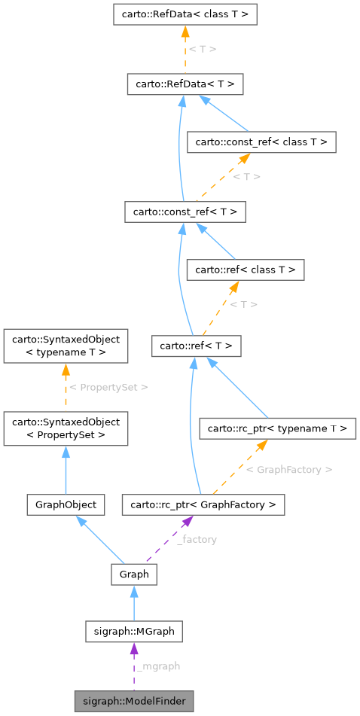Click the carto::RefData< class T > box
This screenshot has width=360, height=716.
(x=185, y=14)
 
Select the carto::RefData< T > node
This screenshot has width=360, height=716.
(x=185, y=84)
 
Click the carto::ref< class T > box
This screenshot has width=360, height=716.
(x=246, y=270)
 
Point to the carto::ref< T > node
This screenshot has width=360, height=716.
(x=196, y=346)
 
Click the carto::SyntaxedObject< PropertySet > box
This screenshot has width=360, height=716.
(x=66, y=428)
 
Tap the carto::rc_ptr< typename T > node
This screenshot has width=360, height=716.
(x=276, y=428)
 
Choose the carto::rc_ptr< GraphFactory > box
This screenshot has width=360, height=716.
(x=203, y=504)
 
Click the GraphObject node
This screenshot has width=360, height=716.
(x=66, y=504)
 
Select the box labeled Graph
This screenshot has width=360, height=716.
(x=134, y=574)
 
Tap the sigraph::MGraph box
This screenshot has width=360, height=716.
(x=134, y=631)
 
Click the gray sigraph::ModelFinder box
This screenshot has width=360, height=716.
(x=134, y=700)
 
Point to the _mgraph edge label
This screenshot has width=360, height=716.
(x=159, y=666)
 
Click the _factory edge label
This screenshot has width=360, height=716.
(x=197, y=540)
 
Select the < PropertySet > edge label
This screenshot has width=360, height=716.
(x=108, y=387)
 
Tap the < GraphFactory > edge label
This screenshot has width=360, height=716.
(x=289, y=469)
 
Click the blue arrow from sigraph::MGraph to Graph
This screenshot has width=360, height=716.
(x=134, y=603)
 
